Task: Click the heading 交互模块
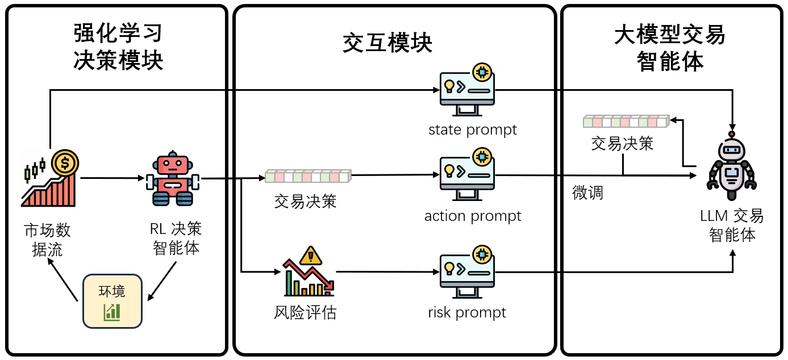387,43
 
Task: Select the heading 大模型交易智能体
670,48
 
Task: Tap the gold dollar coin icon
65,164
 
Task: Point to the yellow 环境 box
112,301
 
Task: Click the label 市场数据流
47,240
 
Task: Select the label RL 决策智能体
176,238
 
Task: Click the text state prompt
473,130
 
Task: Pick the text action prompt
473,216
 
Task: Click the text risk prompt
467,312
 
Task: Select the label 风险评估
305,312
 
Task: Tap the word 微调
587,193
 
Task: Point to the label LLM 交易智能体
732,225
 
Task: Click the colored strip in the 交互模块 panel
308,176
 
